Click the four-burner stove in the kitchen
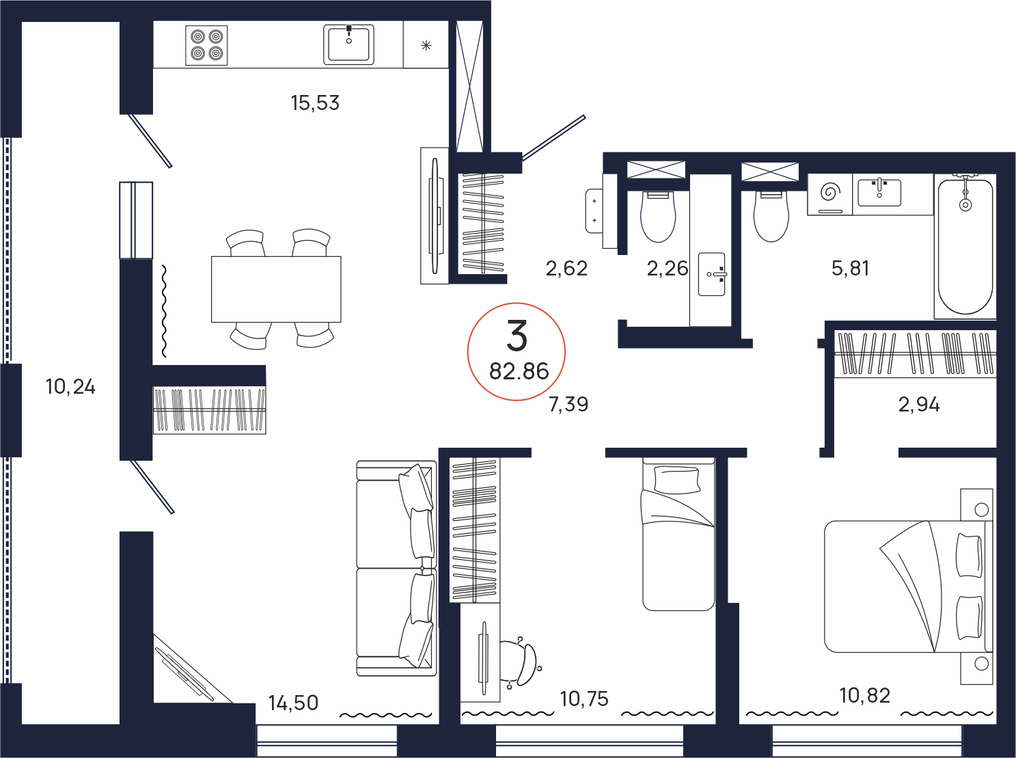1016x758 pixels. coord(206,45)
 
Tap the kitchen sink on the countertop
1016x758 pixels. coord(348,44)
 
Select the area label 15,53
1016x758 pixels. coord(315,103)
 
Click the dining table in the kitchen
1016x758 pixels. coord(276,289)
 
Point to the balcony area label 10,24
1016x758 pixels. coord(70,387)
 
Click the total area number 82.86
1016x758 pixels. coord(519,371)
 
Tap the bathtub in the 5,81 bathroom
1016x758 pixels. coord(965,246)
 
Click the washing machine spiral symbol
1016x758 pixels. coord(830,192)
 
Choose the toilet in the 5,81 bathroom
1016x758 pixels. coord(771,216)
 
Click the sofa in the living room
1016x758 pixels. coord(397,568)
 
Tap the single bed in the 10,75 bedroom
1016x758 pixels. coord(678,534)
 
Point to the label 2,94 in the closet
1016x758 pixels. coord(919,405)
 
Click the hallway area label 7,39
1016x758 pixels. coord(568,404)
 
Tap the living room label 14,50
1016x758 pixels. coord(294,703)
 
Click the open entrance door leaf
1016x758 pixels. coord(554,137)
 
